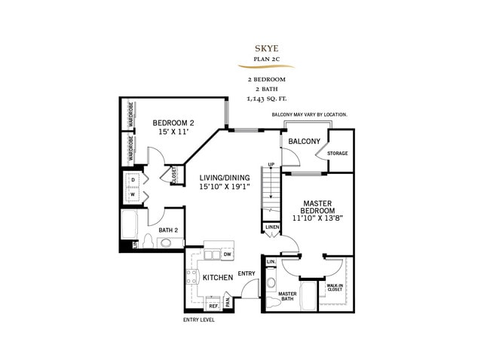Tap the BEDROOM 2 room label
click(x=174, y=123)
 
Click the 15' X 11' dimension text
click(x=174, y=132)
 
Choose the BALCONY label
click(x=305, y=142)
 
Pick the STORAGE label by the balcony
click(x=337, y=154)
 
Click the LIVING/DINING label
click(x=224, y=178)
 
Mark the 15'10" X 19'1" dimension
click(x=224, y=188)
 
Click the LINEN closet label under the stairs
click(x=271, y=227)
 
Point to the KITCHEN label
click(x=218, y=278)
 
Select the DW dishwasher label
click(x=226, y=255)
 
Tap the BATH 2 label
click(x=168, y=230)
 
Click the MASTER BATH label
click(x=287, y=297)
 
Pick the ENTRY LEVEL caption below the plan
click(x=199, y=319)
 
